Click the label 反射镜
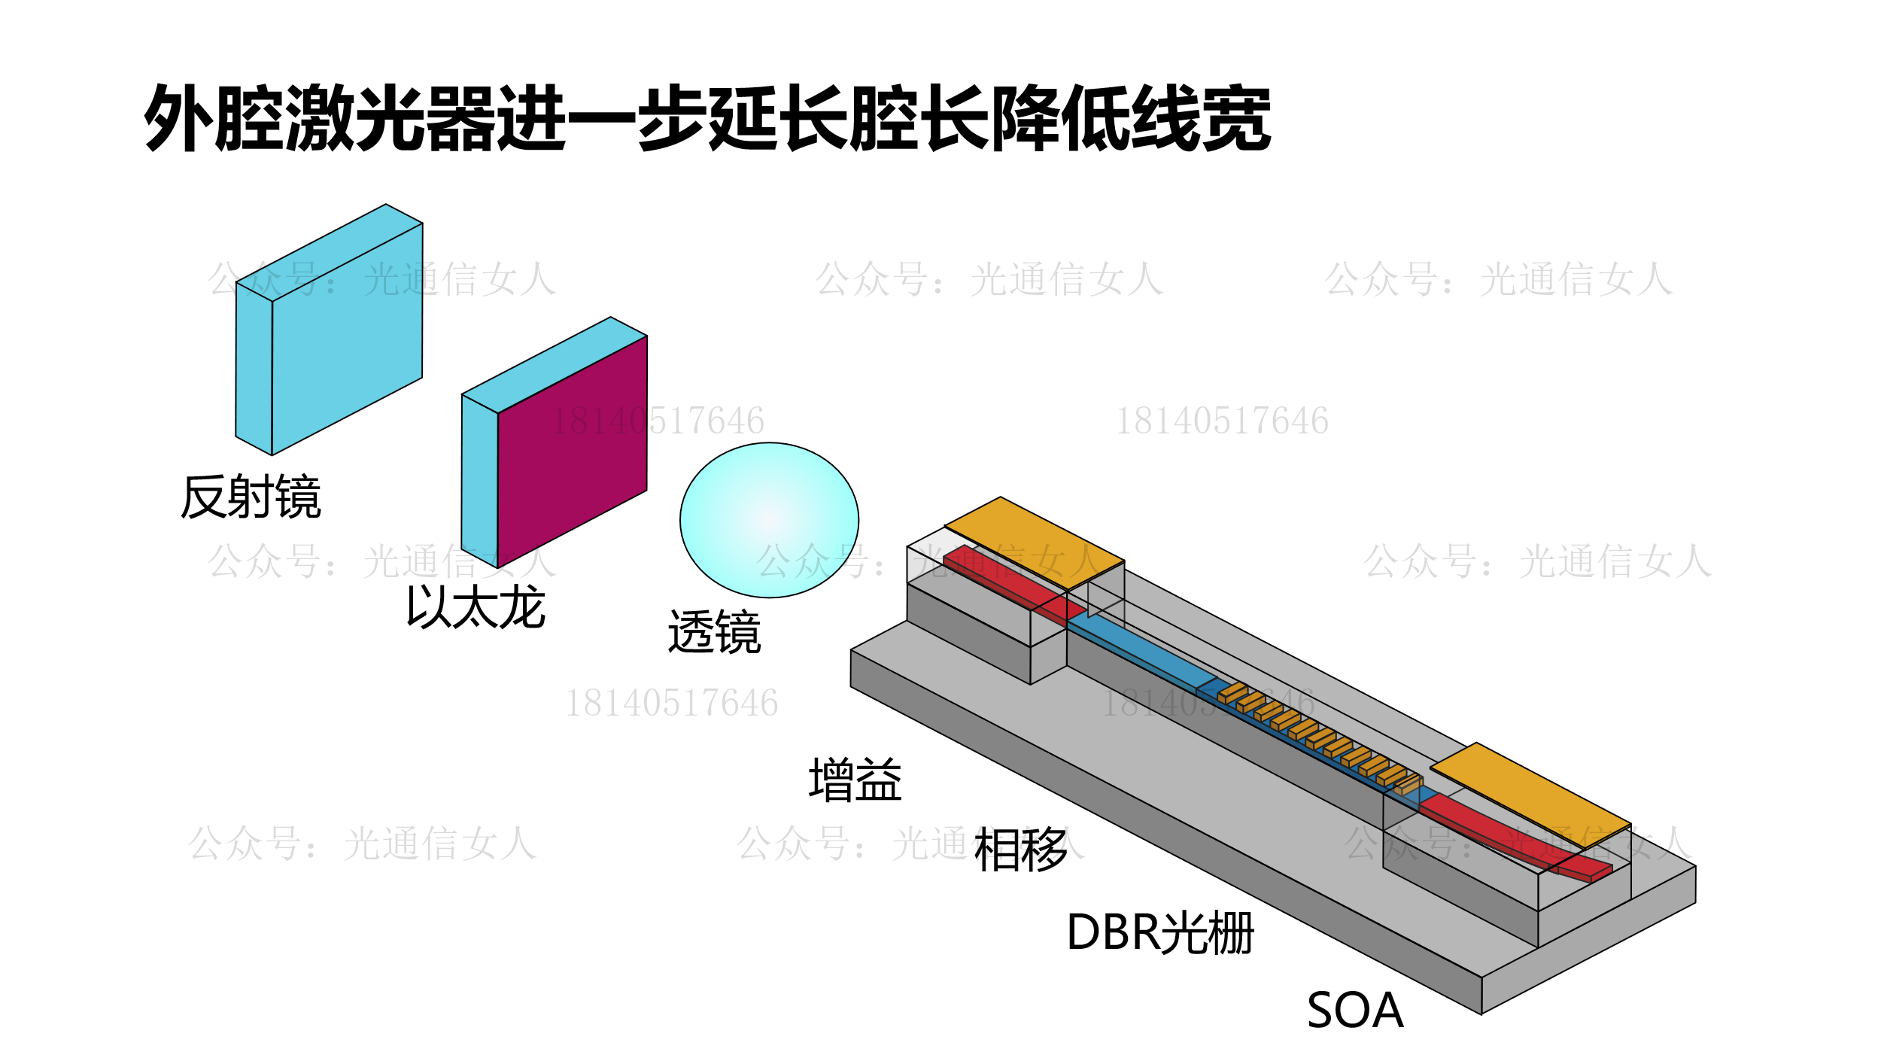pos(251,497)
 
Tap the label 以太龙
pos(476,607)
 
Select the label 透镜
pos(714,632)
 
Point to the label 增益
pos(855,780)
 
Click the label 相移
pos(1020,850)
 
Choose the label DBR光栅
pos(1160,933)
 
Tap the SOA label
pos(1355,1011)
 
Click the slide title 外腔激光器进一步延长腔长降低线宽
pos(707,118)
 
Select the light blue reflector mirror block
pos(346,339)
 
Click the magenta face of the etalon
pos(572,451)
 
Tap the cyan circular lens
pos(769,520)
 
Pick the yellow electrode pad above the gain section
pos(1035,542)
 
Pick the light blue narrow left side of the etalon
pos(479,482)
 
